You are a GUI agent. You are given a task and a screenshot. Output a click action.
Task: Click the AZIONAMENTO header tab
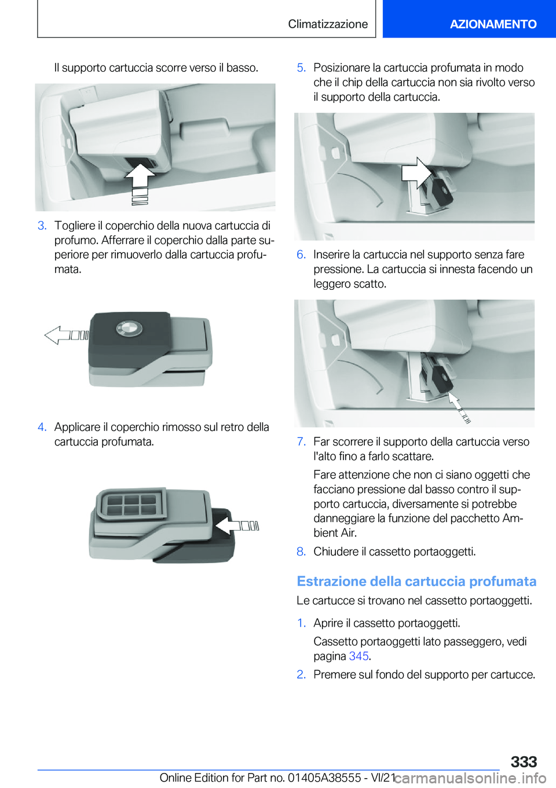click(x=493, y=24)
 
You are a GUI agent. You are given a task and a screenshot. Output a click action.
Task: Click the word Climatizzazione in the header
click(x=328, y=24)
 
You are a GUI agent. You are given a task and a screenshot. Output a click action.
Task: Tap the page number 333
click(x=524, y=761)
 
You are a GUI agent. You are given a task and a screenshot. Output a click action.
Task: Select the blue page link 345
click(x=359, y=656)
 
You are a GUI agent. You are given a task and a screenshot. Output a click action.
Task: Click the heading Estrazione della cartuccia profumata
click(x=416, y=581)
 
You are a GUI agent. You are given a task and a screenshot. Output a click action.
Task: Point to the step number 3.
click(x=42, y=226)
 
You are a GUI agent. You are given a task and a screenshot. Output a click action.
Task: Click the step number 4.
click(x=42, y=427)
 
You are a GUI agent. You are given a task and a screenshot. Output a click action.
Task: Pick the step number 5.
click(x=301, y=68)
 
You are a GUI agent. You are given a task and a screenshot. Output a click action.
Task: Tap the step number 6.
click(x=301, y=255)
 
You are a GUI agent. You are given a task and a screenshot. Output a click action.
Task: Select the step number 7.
click(x=301, y=441)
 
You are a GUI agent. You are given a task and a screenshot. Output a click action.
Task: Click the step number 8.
click(x=301, y=551)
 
